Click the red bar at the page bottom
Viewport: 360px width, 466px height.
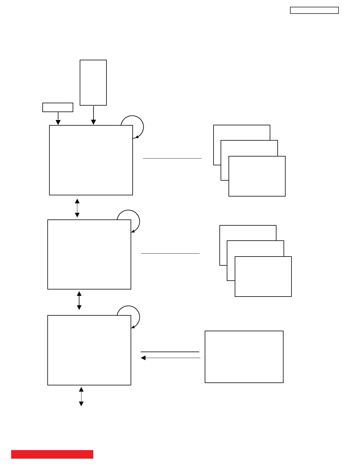pos(52,454)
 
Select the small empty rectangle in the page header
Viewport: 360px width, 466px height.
pos(314,10)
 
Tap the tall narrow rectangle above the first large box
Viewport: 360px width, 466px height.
pos(93,83)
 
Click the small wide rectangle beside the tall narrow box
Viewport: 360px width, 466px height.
pos(58,107)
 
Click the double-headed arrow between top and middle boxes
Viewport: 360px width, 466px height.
pos(77,208)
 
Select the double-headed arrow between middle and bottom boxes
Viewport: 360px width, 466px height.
pos(79,300)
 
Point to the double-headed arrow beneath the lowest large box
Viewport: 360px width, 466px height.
pos(81,396)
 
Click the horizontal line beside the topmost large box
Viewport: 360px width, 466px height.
pos(172,158)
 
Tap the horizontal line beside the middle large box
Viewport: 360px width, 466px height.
pos(170,253)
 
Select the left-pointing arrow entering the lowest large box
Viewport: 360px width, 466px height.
pos(171,358)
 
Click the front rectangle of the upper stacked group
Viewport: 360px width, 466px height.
pos(257,176)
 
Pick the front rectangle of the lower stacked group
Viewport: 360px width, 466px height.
pos(263,277)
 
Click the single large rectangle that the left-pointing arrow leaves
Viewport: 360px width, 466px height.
pos(244,357)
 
